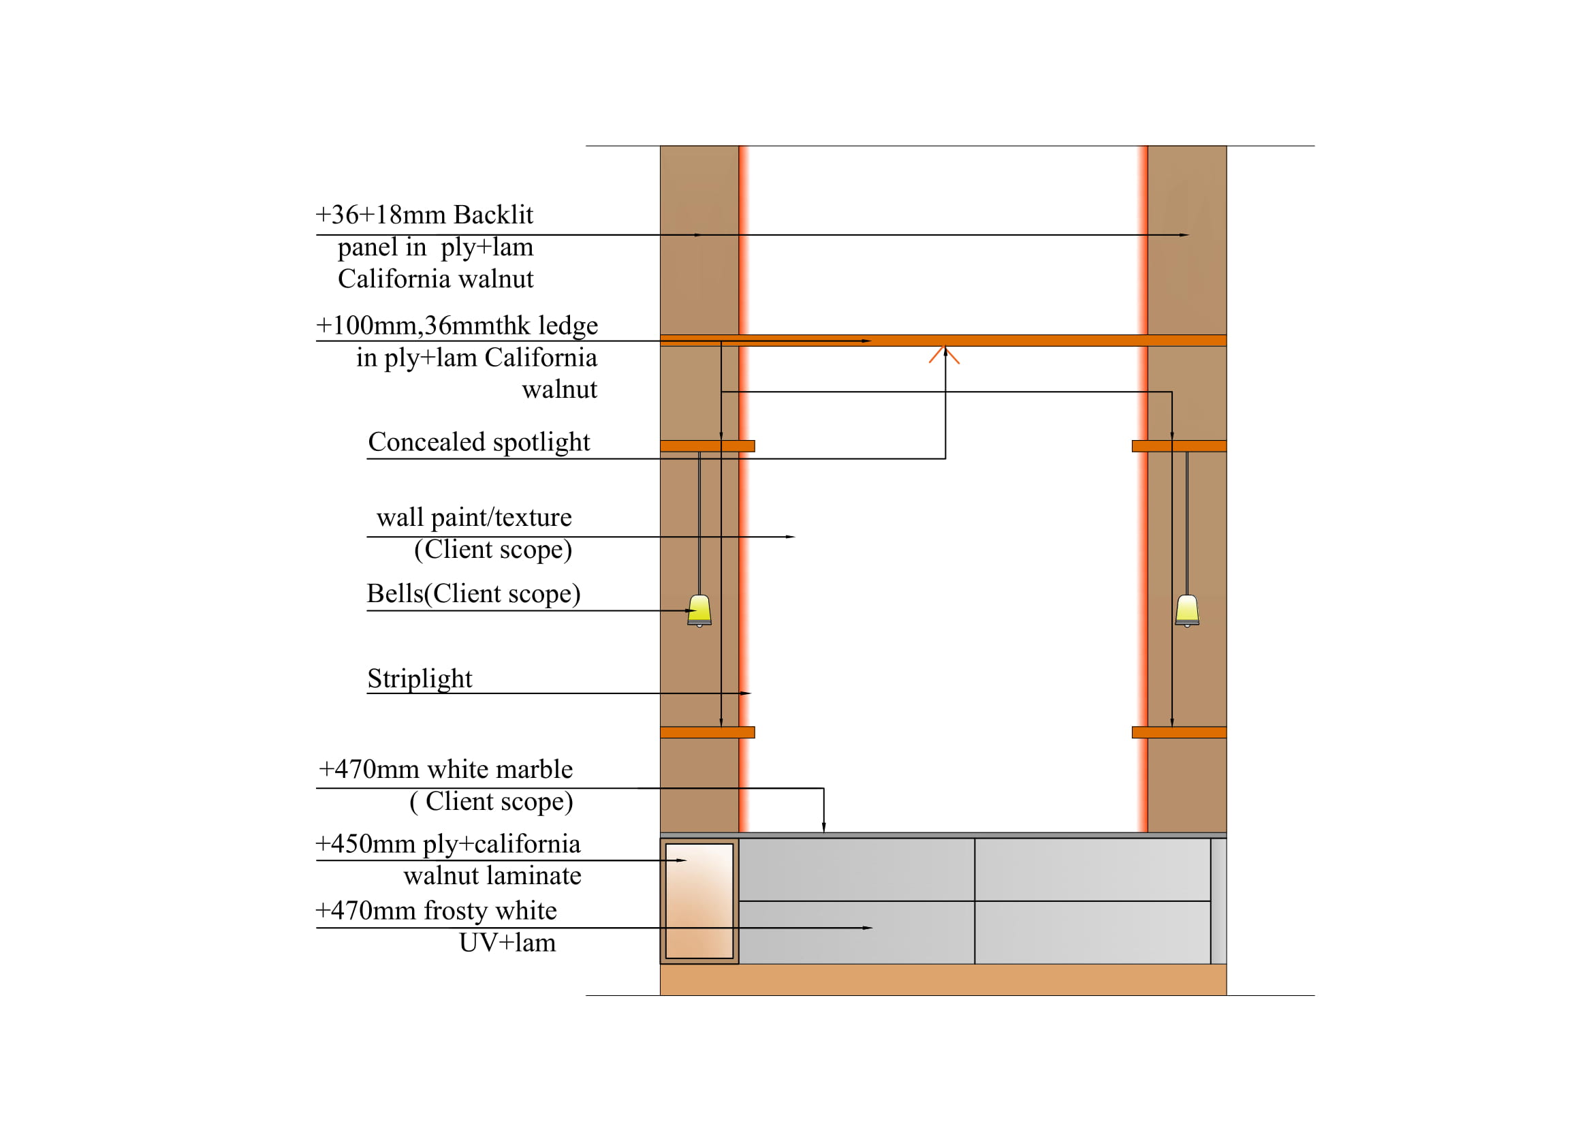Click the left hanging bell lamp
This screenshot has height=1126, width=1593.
(x=699, y=610)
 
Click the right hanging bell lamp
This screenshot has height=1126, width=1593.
(x=1187, y=610)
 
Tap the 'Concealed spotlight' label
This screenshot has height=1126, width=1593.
(x=479, y=442)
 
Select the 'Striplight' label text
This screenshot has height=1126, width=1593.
(x=419, y=678)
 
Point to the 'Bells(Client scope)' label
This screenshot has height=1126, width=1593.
(x=473, y=594)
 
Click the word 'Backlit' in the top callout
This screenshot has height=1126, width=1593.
(x=493, y=215)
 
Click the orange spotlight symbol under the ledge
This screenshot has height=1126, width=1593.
(x=944, y=355)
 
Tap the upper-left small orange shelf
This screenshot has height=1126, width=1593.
(x=707, y=446)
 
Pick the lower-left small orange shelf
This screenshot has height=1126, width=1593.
(x=707, y=732)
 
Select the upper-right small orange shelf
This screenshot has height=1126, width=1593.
(x=1179, y=446)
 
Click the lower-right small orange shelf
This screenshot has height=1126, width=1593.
(x=1179, y=732)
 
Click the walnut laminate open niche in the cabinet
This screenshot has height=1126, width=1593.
(x=699, y=901)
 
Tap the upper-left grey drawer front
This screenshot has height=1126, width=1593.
(x=856, y=869)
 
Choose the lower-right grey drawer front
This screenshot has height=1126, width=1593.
(x=1092, y=933)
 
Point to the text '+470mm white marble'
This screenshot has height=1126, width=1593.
(x=445, y=769)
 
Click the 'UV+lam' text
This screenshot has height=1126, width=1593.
(x=507, y=943)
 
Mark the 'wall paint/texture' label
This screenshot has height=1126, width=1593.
(x=474, y=518)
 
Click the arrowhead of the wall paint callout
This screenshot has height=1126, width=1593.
(x=790, y=537)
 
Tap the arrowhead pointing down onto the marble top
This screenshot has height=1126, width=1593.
(x=823, y=828)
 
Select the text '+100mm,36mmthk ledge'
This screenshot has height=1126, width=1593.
(x=456, y=326)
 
